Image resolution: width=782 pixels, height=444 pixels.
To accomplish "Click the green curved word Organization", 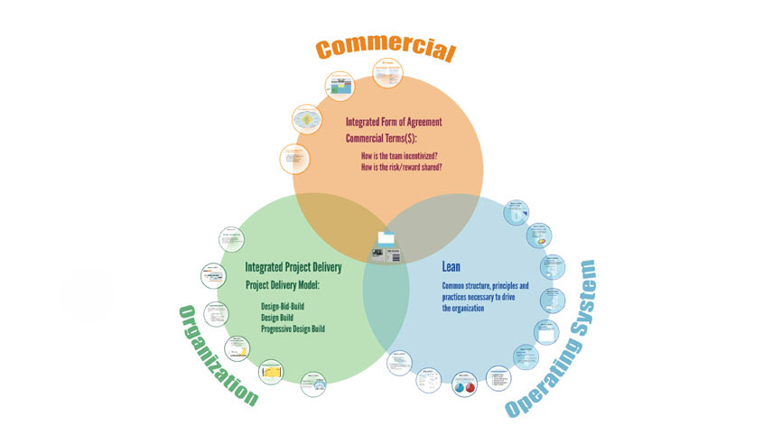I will tap(217, 356).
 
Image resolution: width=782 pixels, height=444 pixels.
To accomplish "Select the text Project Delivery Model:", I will tap(290, 285).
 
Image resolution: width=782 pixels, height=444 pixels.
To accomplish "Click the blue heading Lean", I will tap(451, 267).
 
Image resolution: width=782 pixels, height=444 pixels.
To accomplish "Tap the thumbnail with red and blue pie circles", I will tap(463, 383).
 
